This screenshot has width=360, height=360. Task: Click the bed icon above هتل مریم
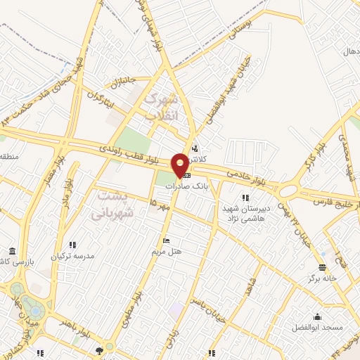(167, 241)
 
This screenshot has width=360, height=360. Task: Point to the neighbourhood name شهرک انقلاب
(162, 108)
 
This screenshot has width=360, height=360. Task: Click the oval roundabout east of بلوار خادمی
(288, 190)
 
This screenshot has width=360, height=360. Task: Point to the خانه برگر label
(321, 278)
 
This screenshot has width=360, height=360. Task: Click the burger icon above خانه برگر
(321, 267)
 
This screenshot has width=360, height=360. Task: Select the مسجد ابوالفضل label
(318, 328)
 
